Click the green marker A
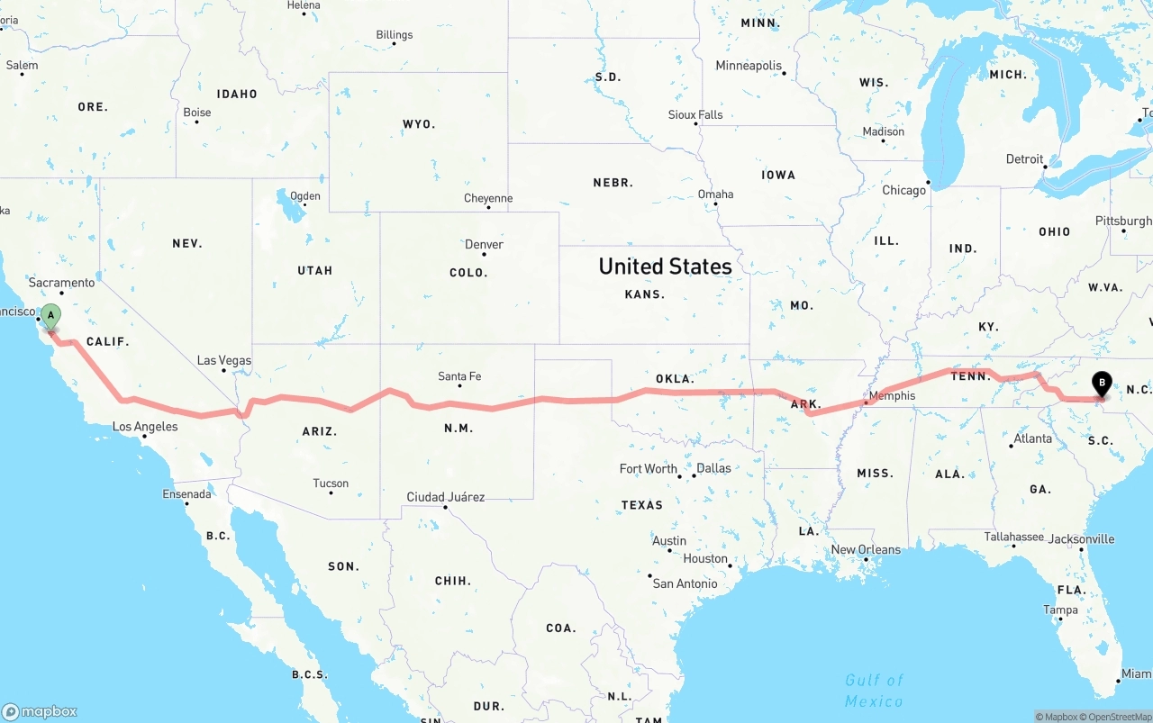tap(51, 316)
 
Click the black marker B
tap(1101, 384)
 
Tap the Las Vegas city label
tap(224, 360)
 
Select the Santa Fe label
tap(459, 376)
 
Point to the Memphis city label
tap(892, 395)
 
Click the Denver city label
tap(484, 244)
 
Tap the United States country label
tap(665, 267)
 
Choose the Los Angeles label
tap(145, 427)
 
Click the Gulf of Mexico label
tap(874, 690)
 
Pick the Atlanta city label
tap(1032, 438)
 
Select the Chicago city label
tap(903, 190)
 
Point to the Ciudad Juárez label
tap(445, 497)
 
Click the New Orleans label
tap(865, 549)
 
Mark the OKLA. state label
tap(675, 379)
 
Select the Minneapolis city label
tap(749, 66)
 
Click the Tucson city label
tap(331, 484)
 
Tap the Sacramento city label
tap(61, 283)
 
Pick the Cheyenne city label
tap(488, 198)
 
